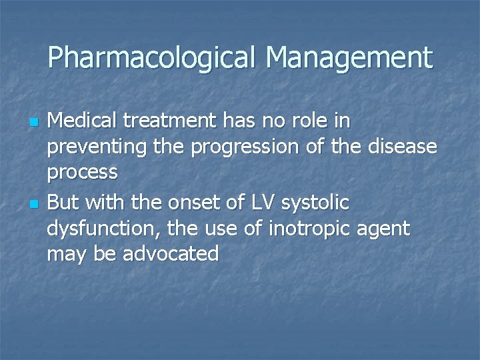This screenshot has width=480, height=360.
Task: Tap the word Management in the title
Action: [x=349, y=58]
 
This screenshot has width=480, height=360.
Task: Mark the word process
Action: [x=83, y=173]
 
